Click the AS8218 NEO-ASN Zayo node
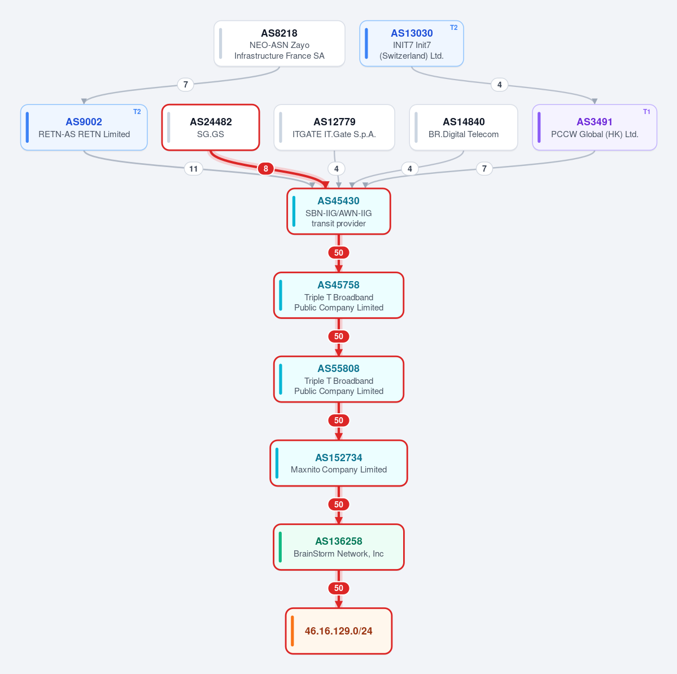tap(279, 43)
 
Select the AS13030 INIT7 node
tap(412, 43)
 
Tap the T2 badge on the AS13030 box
tap(454, 28)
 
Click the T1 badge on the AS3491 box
tap(647, 112)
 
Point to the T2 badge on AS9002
tap(137, 112)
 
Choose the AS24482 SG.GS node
tap(211, 128)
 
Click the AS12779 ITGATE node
tap(334, 128)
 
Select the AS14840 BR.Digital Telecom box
tap(463, 128)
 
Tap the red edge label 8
tap(265, 168)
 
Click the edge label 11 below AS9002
tap(194, 169)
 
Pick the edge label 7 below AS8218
tap(186, 84)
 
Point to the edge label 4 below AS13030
tap(500, 85)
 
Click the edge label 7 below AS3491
tap(484, 168)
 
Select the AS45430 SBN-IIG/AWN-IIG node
tap(339, 212)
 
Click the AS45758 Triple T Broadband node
tap(339, 295)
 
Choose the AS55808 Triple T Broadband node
tap(339, 379)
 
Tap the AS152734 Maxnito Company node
tap(339, 463)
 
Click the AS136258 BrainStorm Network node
tap(339, 547)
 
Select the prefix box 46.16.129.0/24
tap(339, 631)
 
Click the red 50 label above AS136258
tap(339, 504)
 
